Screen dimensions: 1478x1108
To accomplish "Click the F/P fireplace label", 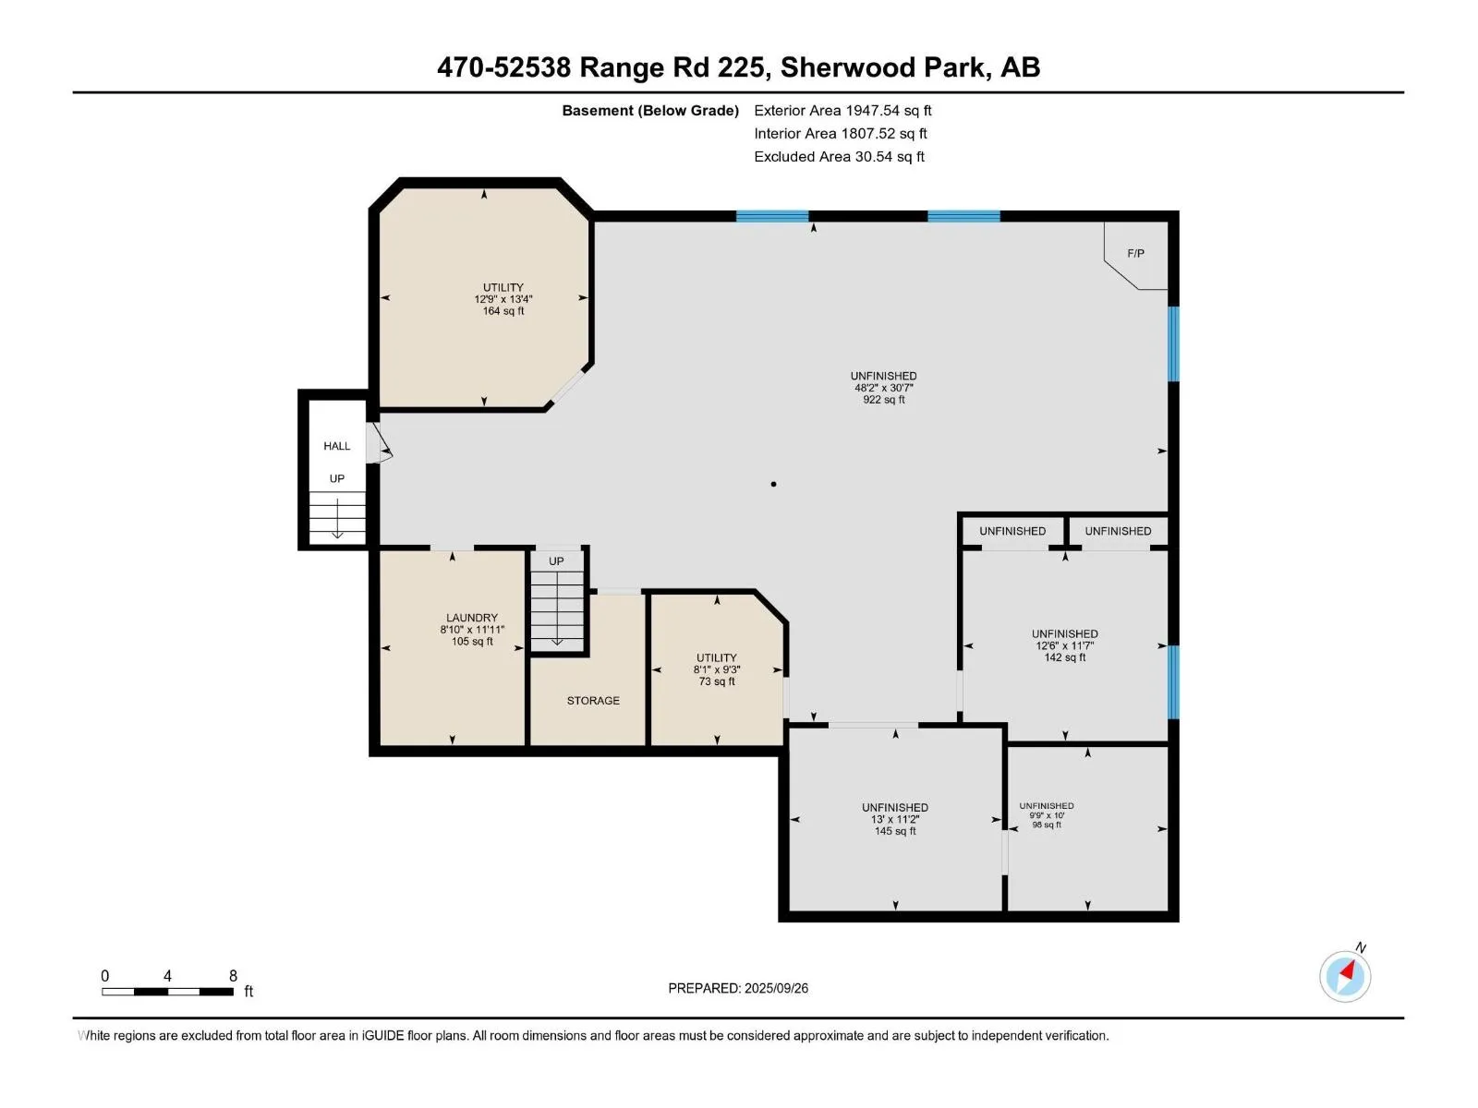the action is [1135, 254].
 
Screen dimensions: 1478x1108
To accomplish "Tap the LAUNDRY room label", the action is [472, 618].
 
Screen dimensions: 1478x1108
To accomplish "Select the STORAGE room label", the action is [592, 700].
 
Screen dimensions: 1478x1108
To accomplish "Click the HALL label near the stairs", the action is [336, 446].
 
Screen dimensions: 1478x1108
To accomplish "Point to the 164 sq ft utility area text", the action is [503, 311].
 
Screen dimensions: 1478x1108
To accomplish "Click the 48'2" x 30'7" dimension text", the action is [883, 388].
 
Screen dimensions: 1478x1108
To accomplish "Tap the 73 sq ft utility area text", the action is [717, 681].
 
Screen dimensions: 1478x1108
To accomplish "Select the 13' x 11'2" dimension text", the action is [895, 819].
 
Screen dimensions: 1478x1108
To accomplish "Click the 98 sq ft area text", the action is [1047, 825].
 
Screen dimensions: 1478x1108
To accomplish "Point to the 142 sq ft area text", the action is [1064, 657].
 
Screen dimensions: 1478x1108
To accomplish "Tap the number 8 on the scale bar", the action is [233, 976].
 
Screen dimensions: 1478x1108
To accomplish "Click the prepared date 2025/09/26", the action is [776, 988].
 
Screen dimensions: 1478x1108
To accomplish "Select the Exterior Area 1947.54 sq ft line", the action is [842, 110].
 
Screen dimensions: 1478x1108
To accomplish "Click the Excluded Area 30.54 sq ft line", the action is [839, 157].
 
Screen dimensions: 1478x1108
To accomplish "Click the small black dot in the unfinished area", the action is [773, 484].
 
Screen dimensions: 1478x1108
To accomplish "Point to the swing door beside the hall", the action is [379, 442].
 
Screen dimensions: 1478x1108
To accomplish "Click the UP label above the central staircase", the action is [555, 561].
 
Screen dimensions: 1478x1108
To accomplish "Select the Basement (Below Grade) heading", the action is [650, 110].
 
